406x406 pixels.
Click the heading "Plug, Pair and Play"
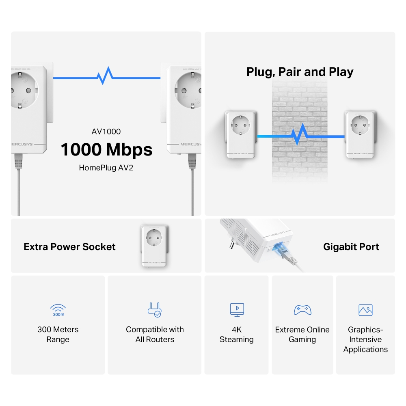(300, 72)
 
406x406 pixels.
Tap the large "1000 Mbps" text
(106, 149)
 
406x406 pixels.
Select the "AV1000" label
(106, 132)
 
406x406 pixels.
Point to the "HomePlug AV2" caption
(106, 167)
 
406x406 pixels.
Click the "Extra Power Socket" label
(69, 247)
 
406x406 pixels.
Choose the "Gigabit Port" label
(351, 247)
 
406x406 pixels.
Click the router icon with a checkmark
(155, 310)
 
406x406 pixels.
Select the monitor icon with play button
(237, 310)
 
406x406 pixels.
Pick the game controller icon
(302, 310)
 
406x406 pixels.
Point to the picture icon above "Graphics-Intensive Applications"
(365, 310)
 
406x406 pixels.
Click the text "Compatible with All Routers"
(155, 335)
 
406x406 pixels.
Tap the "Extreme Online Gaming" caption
(302, 335)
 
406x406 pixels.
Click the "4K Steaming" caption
(237, 335)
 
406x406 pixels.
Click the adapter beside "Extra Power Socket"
(154, 246)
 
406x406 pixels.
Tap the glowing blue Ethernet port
(280, 249)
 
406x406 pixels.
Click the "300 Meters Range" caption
(58, 335)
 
